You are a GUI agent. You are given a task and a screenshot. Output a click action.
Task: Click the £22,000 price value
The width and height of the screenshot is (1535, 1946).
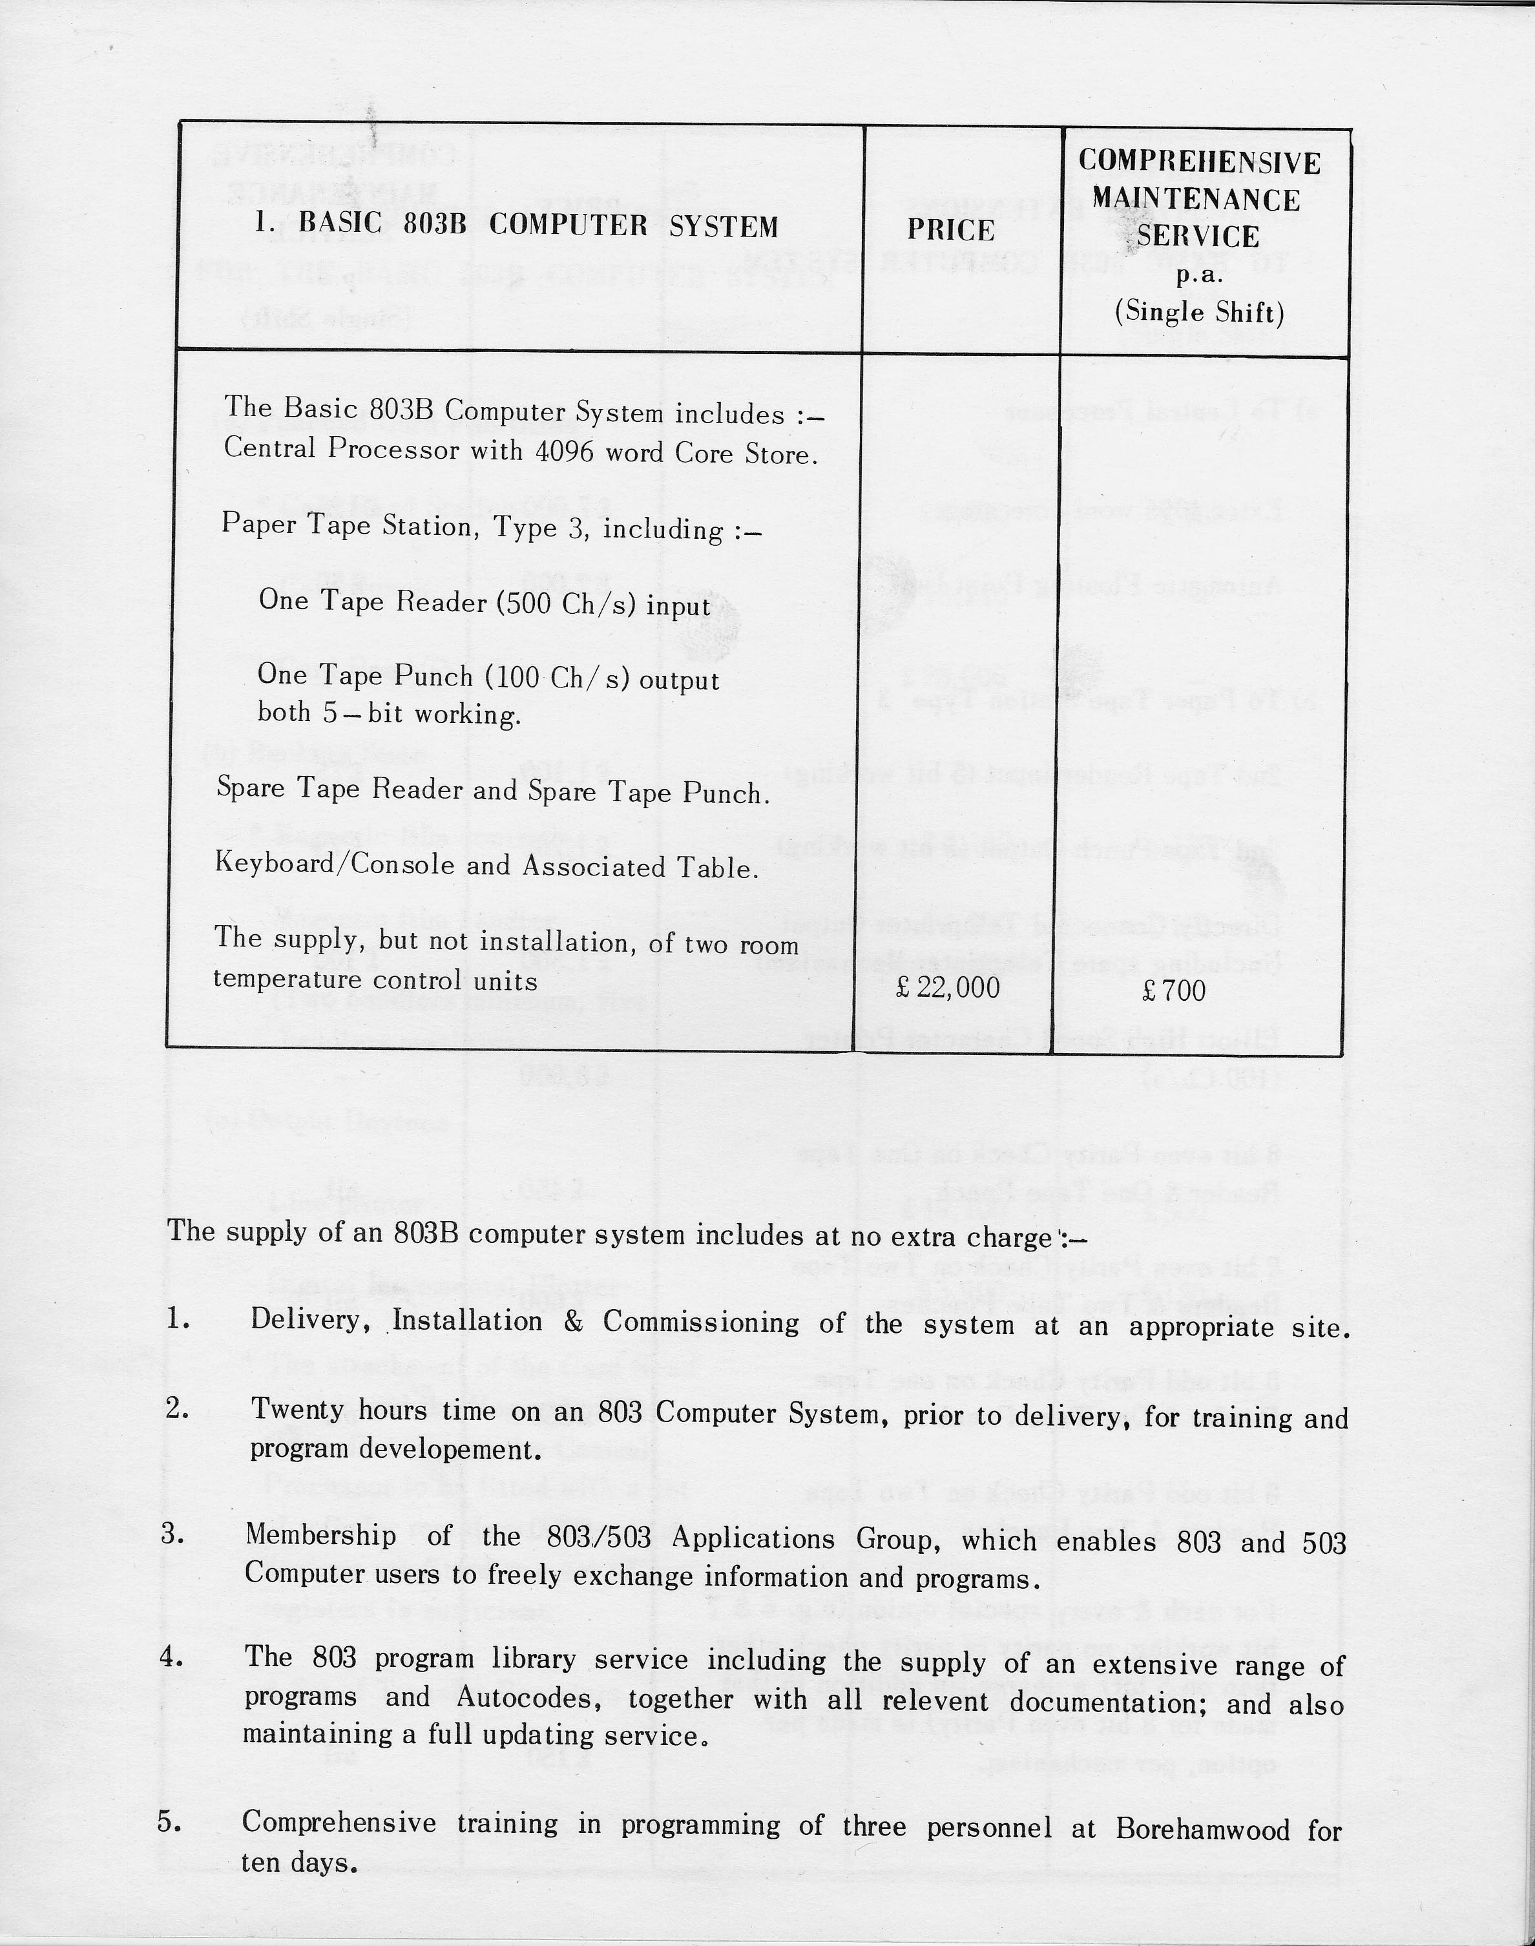[x=948, y=988]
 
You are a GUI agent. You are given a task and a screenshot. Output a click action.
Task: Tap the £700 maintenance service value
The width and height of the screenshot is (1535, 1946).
[x=1173, y=990]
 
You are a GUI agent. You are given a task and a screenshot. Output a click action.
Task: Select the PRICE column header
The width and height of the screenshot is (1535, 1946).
[x=950, y=230]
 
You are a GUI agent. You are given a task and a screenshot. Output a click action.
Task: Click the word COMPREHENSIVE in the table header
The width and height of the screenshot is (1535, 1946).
[x=1199, y=163]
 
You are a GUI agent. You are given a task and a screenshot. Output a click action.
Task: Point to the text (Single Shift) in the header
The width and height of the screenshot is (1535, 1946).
[x=1199, y=312]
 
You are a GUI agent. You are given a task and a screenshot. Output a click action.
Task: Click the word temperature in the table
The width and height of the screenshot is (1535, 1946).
[x=287, y=979]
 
